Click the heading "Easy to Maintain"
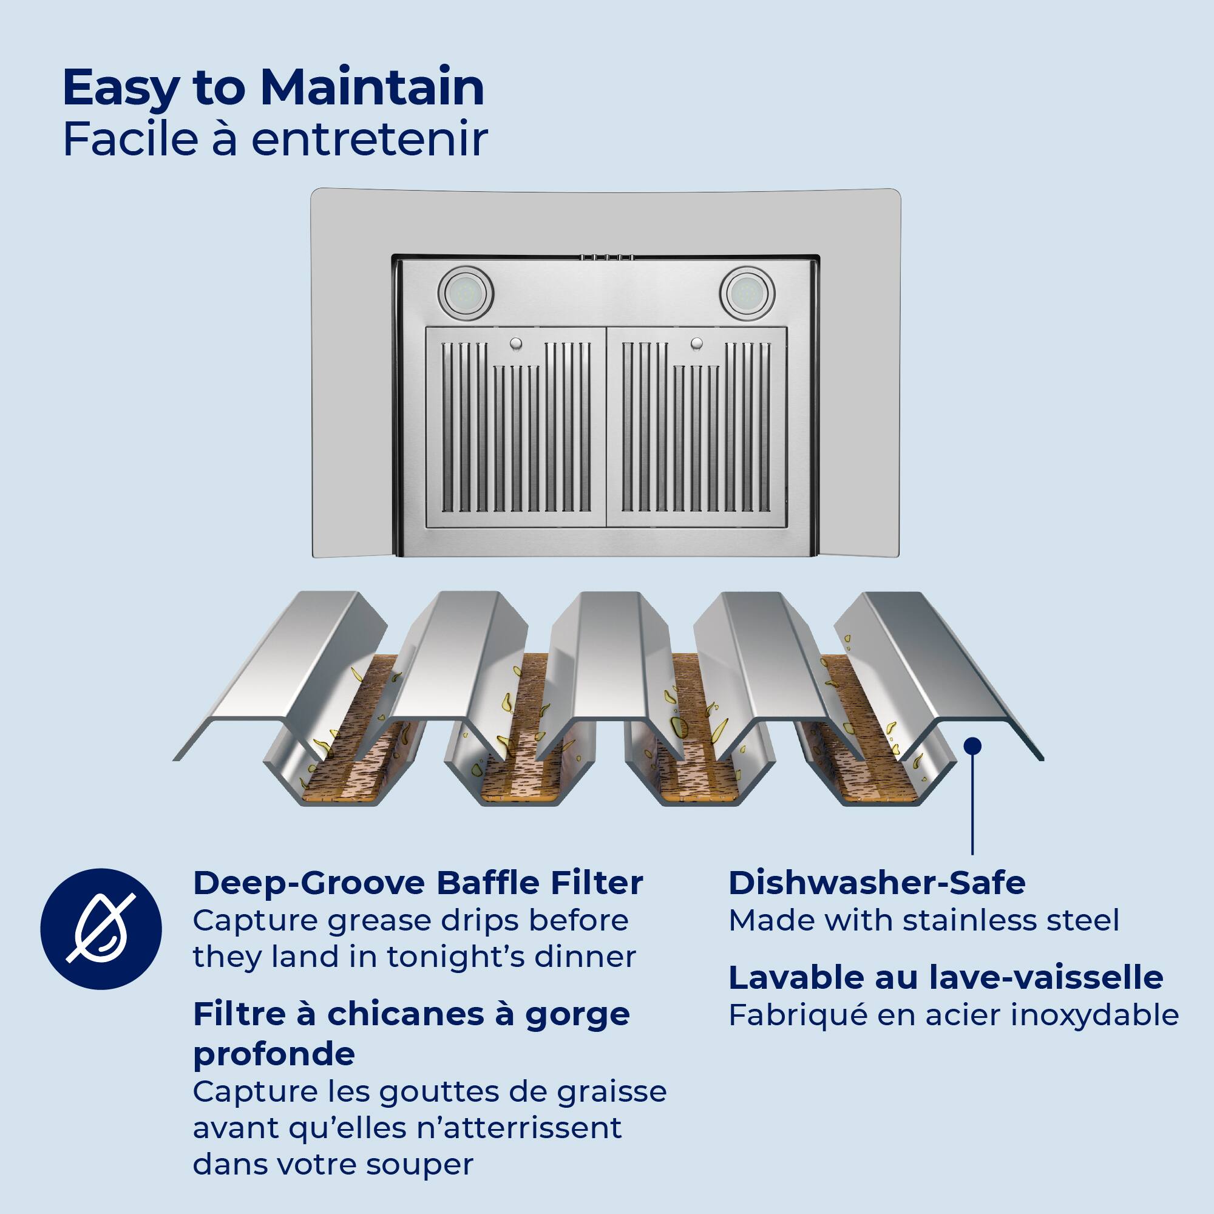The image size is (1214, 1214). click(273, 88)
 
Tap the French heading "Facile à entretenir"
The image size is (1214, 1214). click(275, 139)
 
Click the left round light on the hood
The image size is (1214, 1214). click(465, 293)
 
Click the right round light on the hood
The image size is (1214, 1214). click(747, 293)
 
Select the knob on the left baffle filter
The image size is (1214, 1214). click(516, 344)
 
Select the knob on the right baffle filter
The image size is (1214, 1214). click(696, 344)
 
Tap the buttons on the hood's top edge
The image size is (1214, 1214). click(606, 257)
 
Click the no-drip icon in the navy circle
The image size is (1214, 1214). click(101, 929)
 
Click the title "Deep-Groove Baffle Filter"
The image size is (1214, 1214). click(418, 883)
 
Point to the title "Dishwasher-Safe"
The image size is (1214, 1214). click(877, 883)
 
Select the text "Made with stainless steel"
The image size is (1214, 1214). click(924, 921)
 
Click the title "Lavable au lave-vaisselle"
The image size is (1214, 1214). click(946, 978)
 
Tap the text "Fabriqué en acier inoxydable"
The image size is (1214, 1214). click(953, 1016)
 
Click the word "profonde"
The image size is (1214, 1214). click(274, 1054)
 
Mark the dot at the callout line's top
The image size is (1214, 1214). click(972, 746)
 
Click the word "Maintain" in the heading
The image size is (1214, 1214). click(372, 88)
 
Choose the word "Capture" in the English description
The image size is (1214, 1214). click(255, 921)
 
